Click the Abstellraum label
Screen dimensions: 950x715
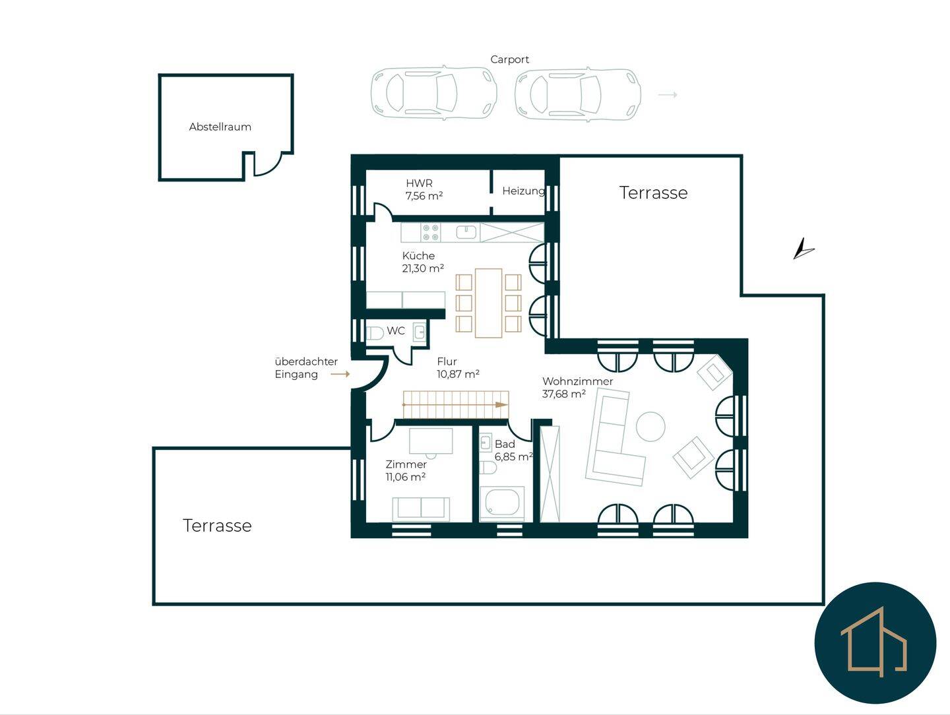tap(220, 127)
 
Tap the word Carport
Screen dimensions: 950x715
tap(509, 59)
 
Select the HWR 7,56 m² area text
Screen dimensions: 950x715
tap(424, 189)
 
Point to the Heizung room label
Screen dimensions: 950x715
tap(523, 191)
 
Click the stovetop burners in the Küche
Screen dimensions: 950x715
tap(431, 232)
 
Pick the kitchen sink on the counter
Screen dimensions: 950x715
tap(467, 232)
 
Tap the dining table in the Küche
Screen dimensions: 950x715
tap(489, 303)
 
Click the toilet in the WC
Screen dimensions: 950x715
tap(375, 333)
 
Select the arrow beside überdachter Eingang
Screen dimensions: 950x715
tap(340, 374)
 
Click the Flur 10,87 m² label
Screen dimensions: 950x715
tap(458, 367)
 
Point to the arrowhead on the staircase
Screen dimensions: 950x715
tap(501, 405)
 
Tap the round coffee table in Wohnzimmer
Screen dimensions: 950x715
tap(650, 427)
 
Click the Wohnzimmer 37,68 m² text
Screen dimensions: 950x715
tap(577, 388)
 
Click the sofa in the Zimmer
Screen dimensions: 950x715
tap(421, 509)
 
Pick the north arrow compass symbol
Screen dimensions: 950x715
tap(804, 249)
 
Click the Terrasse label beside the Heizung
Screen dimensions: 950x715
tap(653, 193)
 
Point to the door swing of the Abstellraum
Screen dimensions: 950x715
tap(269, 164)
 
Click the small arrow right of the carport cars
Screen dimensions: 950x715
tap(668, 95)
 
